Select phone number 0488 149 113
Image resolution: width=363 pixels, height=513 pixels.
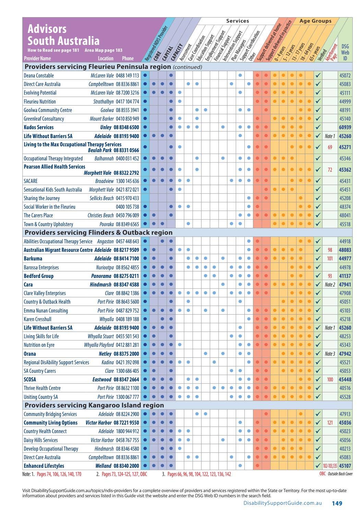pyautogui.click(x=128, y=75)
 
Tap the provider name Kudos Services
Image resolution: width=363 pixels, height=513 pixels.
pyautogui.click(x=38, y=127)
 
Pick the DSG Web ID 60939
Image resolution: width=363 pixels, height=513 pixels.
pyautogui.click(x=345, y=127)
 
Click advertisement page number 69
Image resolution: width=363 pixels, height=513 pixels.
pyautogui.click(x=330, y=147)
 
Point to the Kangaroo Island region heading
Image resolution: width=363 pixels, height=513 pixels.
pyautogui.click(x=94, y=405)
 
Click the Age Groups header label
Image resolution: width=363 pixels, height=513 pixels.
pyautogui.click(x=315, y=21)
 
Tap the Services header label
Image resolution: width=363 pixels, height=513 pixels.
pyautogui.click(x=238, y=21)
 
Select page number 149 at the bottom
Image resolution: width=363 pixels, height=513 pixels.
pyautogui.click(x=337, y=503)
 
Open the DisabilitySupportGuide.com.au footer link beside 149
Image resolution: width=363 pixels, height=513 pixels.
pyautogui.click(x=282, y=503)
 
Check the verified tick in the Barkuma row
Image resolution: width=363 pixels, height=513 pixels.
pyautogui.click(x=318, y=258)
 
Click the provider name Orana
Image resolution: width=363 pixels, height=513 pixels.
pyautogui.click(x=30, y=354)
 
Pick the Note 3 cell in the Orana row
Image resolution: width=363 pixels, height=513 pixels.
pyautogui.click(x=330, y=354)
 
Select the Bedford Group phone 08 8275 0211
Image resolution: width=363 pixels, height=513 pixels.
pyautogui.click(x=126, y=276)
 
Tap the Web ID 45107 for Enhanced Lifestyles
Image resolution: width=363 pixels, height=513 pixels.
pyautogui.click(x=345, y=466)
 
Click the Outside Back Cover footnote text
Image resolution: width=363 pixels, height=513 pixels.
pyautogui.click(x=340, y=474)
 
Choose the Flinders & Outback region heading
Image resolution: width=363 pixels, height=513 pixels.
pyautogui.click(x=98, y=232)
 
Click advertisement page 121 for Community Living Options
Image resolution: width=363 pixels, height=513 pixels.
pyautogui.click(x=330, y=423)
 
